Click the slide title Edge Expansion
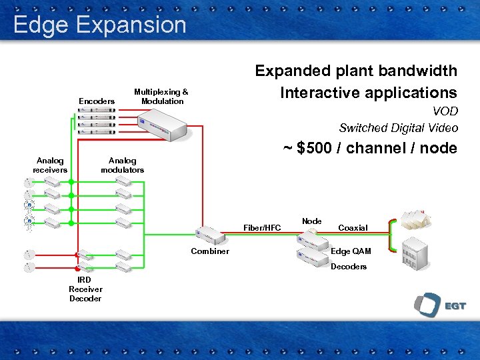point(99,25)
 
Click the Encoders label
point(97,101)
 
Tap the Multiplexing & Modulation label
point(161,97)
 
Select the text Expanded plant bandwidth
point(356,71)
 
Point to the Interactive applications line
point(368,93)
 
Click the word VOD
point(445,112)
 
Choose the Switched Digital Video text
point(398,128)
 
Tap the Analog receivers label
point(50,165)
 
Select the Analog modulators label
point(122,165)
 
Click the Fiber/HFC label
point(262,228)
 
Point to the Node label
point(311,221)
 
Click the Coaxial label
point(353,228)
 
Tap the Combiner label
point(209,251)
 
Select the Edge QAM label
point(351,251)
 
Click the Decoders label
point(349,267)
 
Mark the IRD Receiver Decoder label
point(85,289)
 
